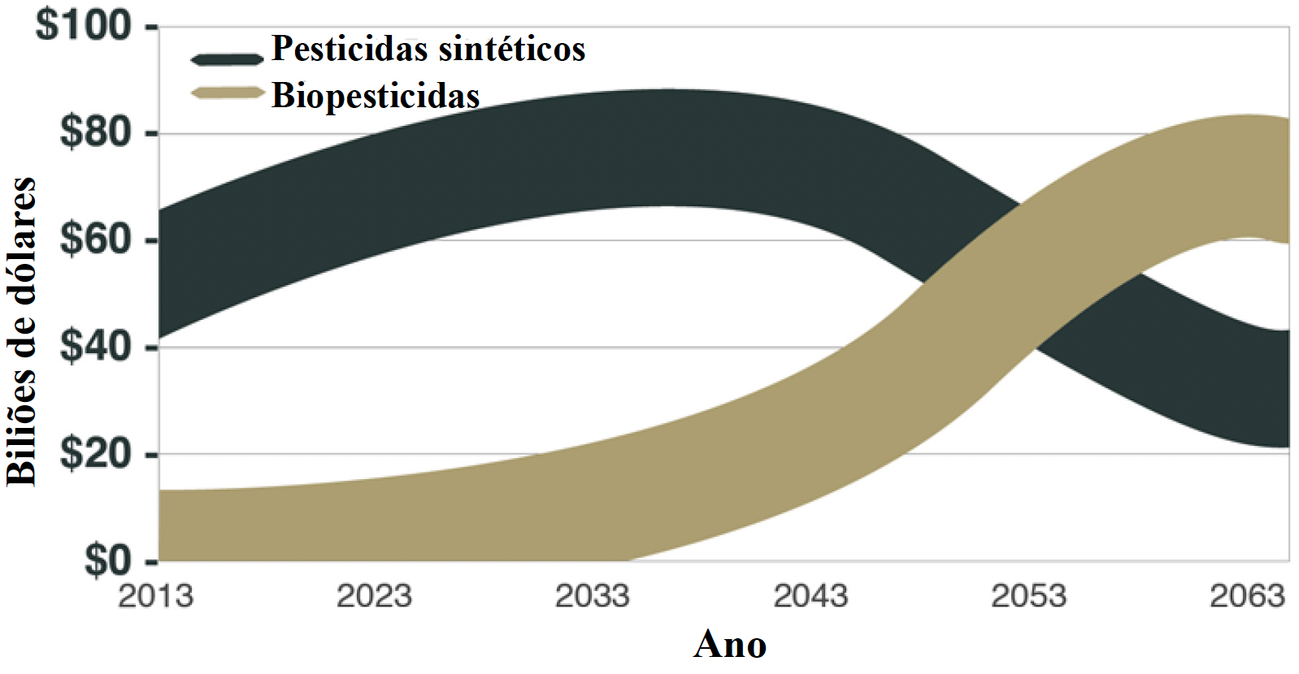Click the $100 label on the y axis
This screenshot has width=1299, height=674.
pos(84,25)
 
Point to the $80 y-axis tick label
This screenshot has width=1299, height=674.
pos(96,132)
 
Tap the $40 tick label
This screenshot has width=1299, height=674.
pos(96,346)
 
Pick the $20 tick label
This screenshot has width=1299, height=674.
pos(96,453)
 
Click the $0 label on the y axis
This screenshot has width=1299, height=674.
pos(108,560)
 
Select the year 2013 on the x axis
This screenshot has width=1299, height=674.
pos(156,597)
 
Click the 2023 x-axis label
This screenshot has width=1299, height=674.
pos(374,597)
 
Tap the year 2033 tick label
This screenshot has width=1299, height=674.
pos(593,597)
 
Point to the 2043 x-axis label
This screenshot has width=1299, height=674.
pos(810,597)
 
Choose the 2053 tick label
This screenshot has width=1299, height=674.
pos(1028,597)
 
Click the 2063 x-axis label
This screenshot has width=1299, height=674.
pos(1247,597)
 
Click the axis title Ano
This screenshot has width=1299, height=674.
pos(729,645)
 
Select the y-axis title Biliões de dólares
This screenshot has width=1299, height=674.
pos(22,331)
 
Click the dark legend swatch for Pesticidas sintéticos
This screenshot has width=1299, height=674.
pos(227,58)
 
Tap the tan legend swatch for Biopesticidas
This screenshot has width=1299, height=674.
pos(227,93)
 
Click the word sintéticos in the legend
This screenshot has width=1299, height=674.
pos(510,49)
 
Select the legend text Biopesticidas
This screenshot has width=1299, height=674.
pos(376,96)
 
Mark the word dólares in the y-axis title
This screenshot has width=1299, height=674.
pos(22,236)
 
